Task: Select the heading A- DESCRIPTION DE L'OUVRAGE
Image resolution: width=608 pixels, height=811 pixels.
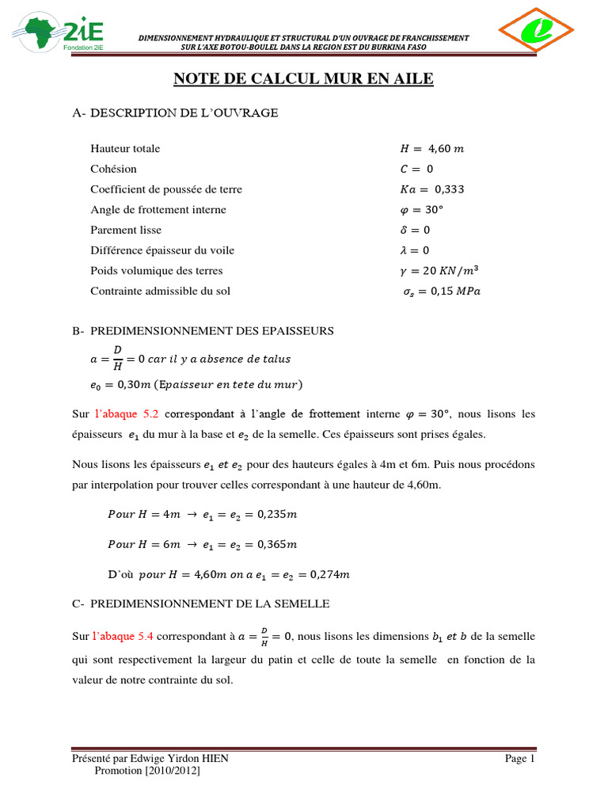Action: click(175, 113)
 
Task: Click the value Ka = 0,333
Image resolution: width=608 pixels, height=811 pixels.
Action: click(432, 189)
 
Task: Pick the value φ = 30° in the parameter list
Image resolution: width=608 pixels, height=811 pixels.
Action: click(424, 210)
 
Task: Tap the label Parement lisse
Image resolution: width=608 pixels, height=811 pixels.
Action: click(126, 230)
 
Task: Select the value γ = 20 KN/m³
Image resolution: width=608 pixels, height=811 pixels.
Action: click(440, 270)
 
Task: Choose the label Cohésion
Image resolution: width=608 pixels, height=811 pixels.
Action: click(113, 169)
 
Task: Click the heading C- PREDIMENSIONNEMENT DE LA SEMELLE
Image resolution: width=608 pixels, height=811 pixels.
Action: click(199, 604)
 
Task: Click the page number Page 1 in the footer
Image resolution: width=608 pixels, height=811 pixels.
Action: click(520, 759)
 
